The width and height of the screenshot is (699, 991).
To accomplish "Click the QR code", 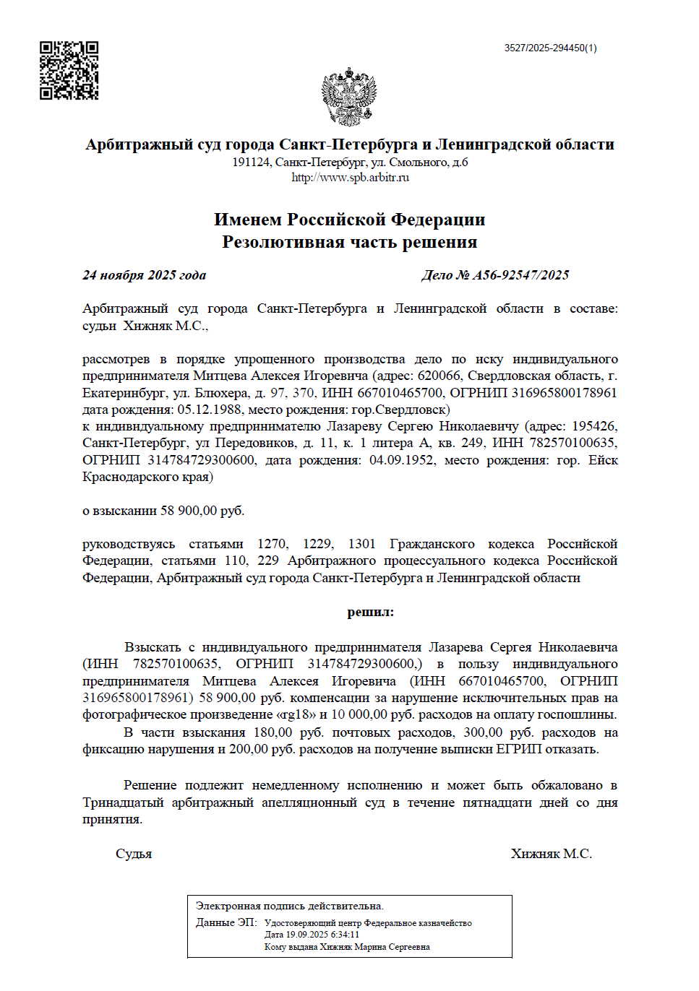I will coord(69,70).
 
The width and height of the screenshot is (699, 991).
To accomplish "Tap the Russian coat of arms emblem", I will coord(349,97).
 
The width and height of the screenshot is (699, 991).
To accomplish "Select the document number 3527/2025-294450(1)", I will coord(550,48).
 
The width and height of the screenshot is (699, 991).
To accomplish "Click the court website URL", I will coord(350,178).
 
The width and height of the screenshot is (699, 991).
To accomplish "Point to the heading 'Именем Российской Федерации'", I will coord(349,220).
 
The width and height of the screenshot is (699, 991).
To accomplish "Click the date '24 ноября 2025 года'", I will coord(144,275).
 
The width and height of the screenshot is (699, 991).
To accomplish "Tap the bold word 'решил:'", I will coord(370,613).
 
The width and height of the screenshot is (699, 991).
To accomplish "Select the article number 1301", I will coord(361,544).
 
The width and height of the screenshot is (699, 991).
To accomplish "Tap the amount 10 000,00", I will coord(359,715).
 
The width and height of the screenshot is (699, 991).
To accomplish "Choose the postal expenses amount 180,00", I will coord(273,732).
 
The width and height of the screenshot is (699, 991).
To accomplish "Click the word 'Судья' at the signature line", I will coord(134,854).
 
